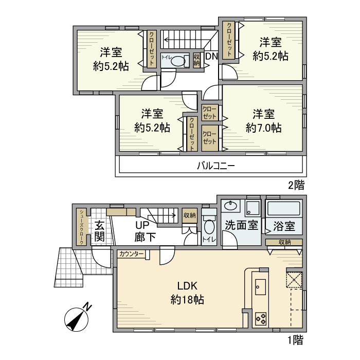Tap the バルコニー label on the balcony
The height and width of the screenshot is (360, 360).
pos(216,166)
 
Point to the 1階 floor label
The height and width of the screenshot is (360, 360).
pos(295,339)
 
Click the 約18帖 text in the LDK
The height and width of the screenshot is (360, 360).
pos(187,299)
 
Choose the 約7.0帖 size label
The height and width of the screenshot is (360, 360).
pos(263,128)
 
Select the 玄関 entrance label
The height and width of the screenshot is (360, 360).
pos(100,231)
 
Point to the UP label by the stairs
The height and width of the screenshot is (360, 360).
pos(142,225)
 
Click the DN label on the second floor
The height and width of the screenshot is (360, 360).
pos(211,57)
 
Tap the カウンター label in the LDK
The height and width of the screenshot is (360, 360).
pos(132,254)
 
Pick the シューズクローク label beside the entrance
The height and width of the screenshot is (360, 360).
pos(81,227)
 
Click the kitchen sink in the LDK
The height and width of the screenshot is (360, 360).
pos(260,286)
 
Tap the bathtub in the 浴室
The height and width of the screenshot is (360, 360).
pos(283,209)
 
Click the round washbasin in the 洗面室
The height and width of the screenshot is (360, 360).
pos(230,207)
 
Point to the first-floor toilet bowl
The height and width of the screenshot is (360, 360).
pos(209,227)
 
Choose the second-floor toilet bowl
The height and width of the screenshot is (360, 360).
pos(177,61)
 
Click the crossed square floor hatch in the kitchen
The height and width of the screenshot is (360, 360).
pos(294,280)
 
